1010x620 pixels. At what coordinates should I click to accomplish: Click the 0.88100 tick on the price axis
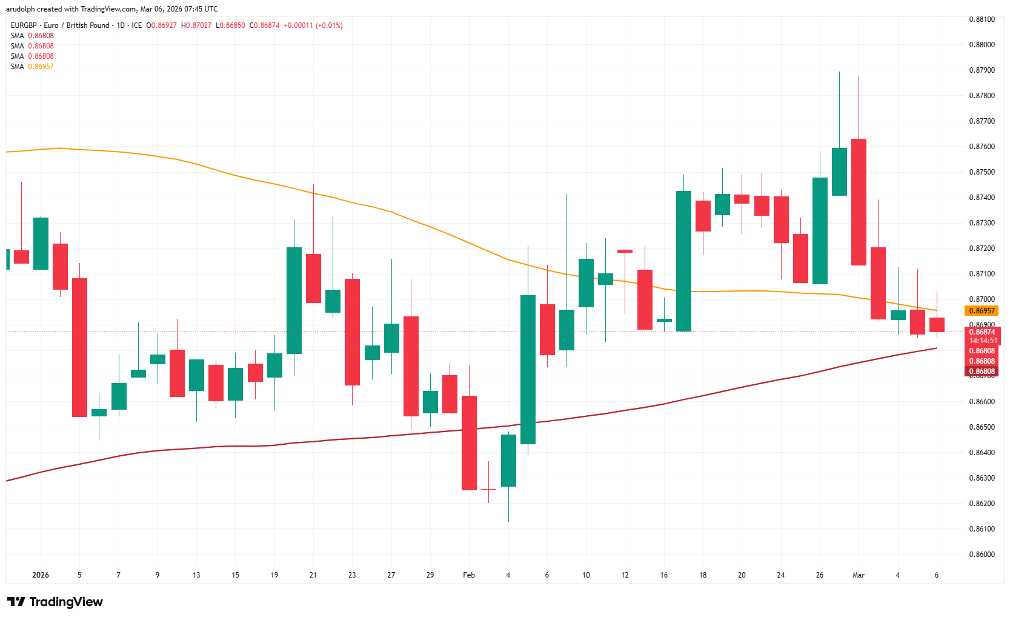pyautogui.click(x=982, y=19)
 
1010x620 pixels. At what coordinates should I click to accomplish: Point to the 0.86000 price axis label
pyautogui.click(x=982, y=555)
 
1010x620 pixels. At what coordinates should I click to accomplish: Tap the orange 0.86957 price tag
pyautogui.click(x=982, y=311)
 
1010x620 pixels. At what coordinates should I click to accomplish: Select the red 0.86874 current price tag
pyautogui.click(x=982, y=332)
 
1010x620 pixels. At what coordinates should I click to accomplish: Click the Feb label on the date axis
pyautogui.click(x=469, y=575)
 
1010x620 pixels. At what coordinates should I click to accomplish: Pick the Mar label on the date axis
pyautogui.click(x=858, y=575)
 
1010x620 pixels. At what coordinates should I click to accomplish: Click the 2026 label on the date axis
pyautogui.click(x=41, y=575)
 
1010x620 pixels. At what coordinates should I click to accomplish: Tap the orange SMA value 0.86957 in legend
pyautogui.click(x=41, y=67)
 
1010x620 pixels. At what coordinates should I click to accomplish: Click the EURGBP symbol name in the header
pyautogui.click(x=24, y=25)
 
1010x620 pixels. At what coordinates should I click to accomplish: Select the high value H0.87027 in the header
pyautogui.click(x=196, y=25)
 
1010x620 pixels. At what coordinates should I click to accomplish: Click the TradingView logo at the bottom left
pyautogui.click(x=55, y=602)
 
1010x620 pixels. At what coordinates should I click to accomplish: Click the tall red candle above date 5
pyautogui.click(x=79, y=347)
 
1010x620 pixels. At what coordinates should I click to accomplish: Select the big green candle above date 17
pyautogui.click(x=683, y=261)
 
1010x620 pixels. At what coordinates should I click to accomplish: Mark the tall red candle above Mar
pyautogui.click(x=859, y=202)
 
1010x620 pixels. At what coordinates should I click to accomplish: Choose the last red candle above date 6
pyautogui.click(x=937, y=324)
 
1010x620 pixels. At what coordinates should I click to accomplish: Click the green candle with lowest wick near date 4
pyautogui.click(x=508, y=460)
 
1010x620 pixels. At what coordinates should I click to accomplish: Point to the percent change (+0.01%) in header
pyautogui.click(x=329, y=25)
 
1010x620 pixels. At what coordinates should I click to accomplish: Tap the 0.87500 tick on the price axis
pyautogui.click(x=982, y=172)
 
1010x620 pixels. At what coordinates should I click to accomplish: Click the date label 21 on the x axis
pyautogui.click(x=313, y=575)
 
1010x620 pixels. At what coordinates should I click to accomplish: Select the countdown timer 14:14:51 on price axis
pyautogui.click(x=982, y=341)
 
